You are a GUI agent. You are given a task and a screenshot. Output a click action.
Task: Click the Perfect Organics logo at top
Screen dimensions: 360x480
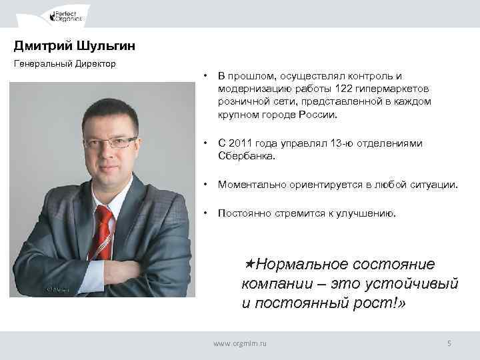(67, 14)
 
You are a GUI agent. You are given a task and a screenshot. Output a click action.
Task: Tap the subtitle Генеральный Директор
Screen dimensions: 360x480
(65, 64)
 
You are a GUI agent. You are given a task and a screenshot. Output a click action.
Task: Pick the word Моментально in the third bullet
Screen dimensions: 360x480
(251, 185)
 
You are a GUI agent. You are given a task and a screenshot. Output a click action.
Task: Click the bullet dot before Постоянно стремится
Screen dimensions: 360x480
(208, 213)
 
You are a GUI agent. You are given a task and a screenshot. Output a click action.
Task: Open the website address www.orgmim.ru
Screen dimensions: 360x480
(239, 343)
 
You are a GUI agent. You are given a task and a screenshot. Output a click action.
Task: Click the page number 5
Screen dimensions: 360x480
(449, 343)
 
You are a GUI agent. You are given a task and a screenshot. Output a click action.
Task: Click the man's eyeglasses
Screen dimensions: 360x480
(110, 142)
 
